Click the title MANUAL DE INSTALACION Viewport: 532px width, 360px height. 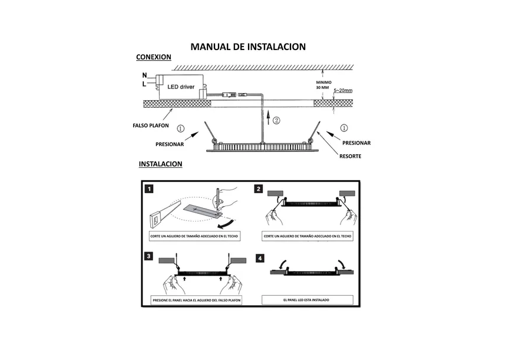248,47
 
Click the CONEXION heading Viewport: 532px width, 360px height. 153,57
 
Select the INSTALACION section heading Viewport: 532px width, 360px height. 160,164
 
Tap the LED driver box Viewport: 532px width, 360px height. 181,87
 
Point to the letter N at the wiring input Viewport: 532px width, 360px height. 145,76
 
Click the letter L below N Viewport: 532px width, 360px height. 145,85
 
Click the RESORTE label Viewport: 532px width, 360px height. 350,156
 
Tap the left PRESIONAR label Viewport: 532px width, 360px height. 170,144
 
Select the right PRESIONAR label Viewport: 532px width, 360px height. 356,143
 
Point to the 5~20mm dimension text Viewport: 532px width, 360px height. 342,91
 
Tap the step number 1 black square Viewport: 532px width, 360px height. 150,189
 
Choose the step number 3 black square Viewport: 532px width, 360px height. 150,256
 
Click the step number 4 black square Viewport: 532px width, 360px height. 259,258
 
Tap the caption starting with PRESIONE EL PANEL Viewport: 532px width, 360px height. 196,300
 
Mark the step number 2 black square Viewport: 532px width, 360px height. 259,189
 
